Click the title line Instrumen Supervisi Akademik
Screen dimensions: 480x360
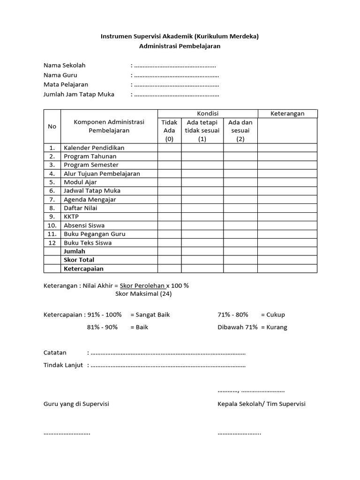[180, 36]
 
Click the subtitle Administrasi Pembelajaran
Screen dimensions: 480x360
[180, 46]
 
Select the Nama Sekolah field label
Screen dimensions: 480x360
[65, 65]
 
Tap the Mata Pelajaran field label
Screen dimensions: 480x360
[66, 85]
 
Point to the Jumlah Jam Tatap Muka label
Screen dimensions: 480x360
[79, 94]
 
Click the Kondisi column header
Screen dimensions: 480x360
[207, 113]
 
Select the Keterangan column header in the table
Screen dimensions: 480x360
[287, 113]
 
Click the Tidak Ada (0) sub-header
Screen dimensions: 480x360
[169, 130]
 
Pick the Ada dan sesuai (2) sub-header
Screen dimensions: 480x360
[240, 130]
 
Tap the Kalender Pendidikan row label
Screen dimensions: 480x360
[94, 148]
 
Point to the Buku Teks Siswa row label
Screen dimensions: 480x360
[88, 243]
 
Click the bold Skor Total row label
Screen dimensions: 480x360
[79, 260]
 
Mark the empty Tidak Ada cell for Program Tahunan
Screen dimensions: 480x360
[169, 157]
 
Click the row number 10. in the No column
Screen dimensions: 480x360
[52, 225]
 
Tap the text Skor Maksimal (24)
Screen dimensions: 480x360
[143, 294]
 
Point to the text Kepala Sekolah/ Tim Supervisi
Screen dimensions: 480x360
[261, 404]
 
